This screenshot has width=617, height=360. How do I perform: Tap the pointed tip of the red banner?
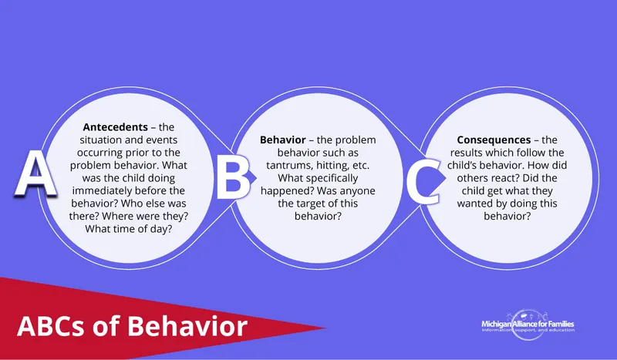[324, 332]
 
